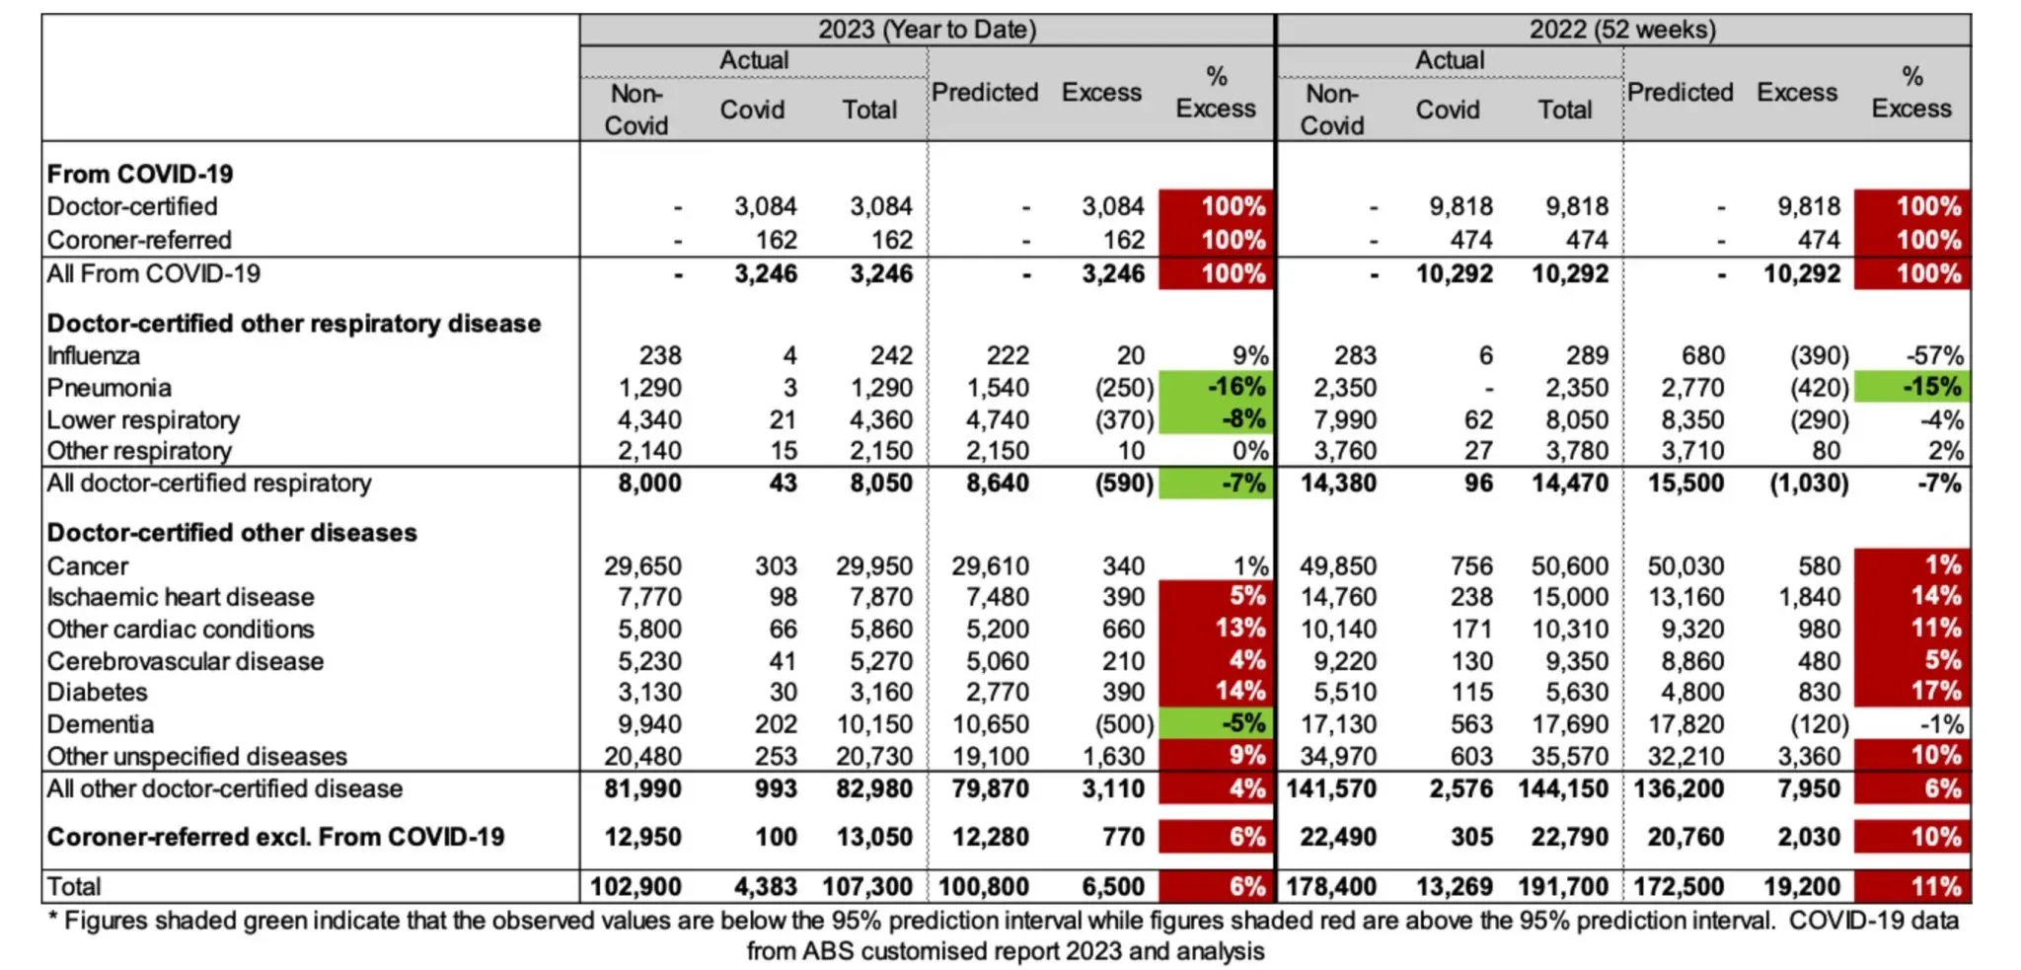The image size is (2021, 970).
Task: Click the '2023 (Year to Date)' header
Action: [927, 30]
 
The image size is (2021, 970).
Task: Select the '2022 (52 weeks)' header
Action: [1622, 30]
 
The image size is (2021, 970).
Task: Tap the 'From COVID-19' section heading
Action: [140, 174]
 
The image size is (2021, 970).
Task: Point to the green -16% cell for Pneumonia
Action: [1217, 387]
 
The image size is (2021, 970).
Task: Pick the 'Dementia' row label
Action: [101, 724]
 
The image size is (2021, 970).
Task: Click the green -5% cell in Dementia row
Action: [1217, 723]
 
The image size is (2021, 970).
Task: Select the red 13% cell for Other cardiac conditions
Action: [1217, 629]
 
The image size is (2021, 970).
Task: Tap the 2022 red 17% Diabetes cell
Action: [1912, 691]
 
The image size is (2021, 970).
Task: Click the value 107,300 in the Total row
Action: [868, 886]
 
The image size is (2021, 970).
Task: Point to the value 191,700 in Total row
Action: [1563, 886]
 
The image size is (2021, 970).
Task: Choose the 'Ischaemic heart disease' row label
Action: [181, 597]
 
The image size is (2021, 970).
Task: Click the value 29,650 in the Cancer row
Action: [642, 566]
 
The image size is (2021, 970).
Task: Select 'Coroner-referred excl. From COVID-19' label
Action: [275, 837]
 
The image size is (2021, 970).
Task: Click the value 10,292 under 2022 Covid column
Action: [1454, 273]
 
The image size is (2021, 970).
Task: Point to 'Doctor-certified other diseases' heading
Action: [232, 533]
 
